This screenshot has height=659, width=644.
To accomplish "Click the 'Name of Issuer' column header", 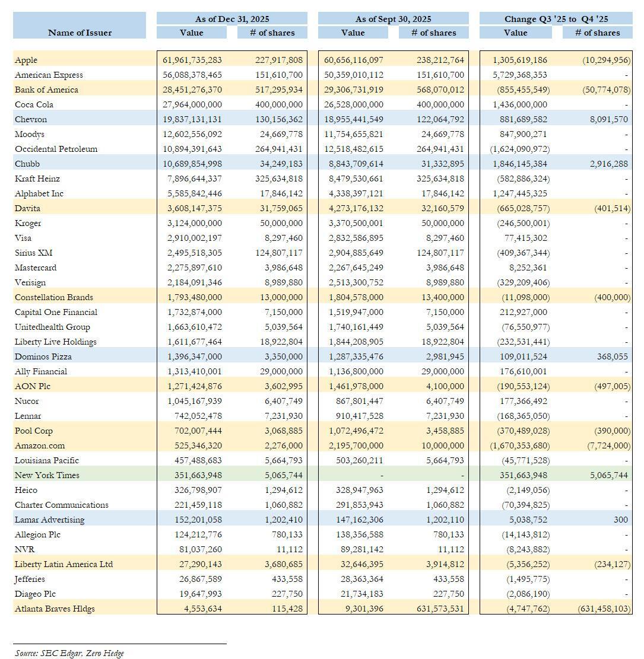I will coord(80,33).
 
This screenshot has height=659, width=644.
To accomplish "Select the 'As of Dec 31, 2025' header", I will coord(232,19).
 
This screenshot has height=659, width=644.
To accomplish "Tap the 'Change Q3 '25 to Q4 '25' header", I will coord(556,19).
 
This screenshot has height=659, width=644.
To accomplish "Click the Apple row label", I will coord(26,60).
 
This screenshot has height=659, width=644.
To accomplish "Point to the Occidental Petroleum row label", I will coord(56,149).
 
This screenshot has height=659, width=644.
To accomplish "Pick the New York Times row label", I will coord(47,475).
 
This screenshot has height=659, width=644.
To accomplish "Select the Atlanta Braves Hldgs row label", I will coord(55,609).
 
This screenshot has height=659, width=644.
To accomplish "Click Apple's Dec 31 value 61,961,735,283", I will coord(192,60).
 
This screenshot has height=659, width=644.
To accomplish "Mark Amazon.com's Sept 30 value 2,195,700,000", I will coord(354,445).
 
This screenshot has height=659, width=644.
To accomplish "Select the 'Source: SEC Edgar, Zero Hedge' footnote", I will coord(69,653).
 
